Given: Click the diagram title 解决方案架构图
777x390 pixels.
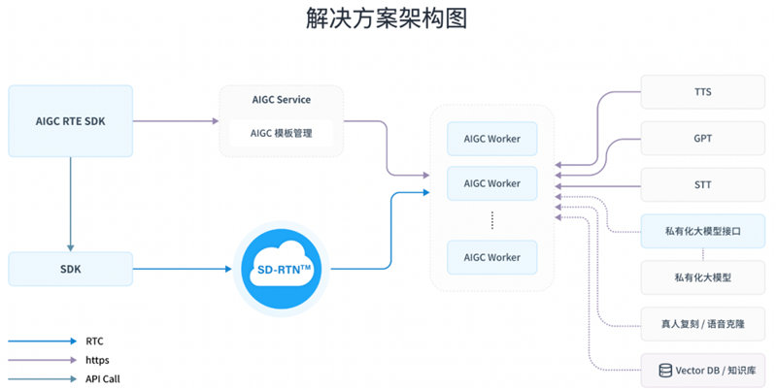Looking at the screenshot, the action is (x=387, y=18).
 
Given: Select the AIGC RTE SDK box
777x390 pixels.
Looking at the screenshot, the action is (x=70, y=121).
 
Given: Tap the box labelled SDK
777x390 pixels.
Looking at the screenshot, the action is (x=70, y=270).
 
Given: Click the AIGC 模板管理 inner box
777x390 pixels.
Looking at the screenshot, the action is (x=281, y=133).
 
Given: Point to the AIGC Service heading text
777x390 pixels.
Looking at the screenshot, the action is (x=282, y=100).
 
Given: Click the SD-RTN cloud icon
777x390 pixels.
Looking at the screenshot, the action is (x=282, y=270).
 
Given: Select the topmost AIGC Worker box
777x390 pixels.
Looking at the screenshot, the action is (x=492, y=139).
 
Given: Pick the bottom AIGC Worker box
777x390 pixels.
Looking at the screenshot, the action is (x=492, y=257).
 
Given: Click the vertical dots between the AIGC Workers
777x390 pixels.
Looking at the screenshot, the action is (x=492, y=220).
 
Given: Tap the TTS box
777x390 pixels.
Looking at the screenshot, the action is (x=702, y=92).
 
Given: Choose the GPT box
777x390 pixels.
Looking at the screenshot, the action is (x=702, y=139).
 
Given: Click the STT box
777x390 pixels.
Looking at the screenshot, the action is (x=702, y=184).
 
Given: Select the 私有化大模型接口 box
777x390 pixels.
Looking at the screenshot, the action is (x=702, y=231).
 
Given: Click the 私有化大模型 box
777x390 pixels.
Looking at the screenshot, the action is (x=702, y=277).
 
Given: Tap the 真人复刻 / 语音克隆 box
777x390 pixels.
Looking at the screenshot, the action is (x=702, y=324).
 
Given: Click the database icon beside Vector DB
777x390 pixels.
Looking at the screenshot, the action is (x=665, y=371).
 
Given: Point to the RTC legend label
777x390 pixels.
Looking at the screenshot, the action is (x=94, y=341).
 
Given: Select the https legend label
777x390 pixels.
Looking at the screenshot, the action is (x=97, y=360).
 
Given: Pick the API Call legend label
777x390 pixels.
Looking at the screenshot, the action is (x=103, y=379).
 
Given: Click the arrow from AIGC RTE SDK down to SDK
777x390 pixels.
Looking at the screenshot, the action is (x=70, y=205).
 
